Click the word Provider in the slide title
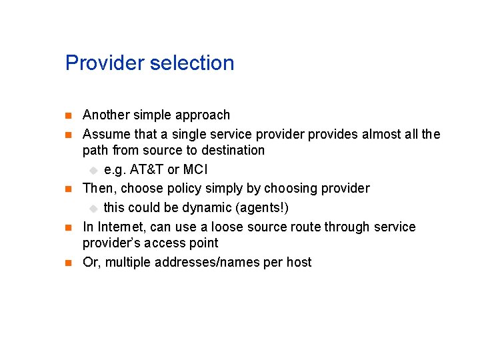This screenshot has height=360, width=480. click(x=105, y=63)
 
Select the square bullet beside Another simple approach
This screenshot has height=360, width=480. click(x=68, y=116)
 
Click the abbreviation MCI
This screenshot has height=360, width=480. click(x=195, y=170)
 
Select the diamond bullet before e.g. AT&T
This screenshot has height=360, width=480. click(x=94, y=171)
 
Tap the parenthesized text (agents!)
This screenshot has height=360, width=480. click(x=256, y=208)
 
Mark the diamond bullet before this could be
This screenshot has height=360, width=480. click(x=94, y=209)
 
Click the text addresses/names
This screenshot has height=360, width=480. click(x=207, y=263)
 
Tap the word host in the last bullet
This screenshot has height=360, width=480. click(x=299, y=263)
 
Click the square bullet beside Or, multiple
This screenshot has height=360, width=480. click(x=68, y=263)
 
